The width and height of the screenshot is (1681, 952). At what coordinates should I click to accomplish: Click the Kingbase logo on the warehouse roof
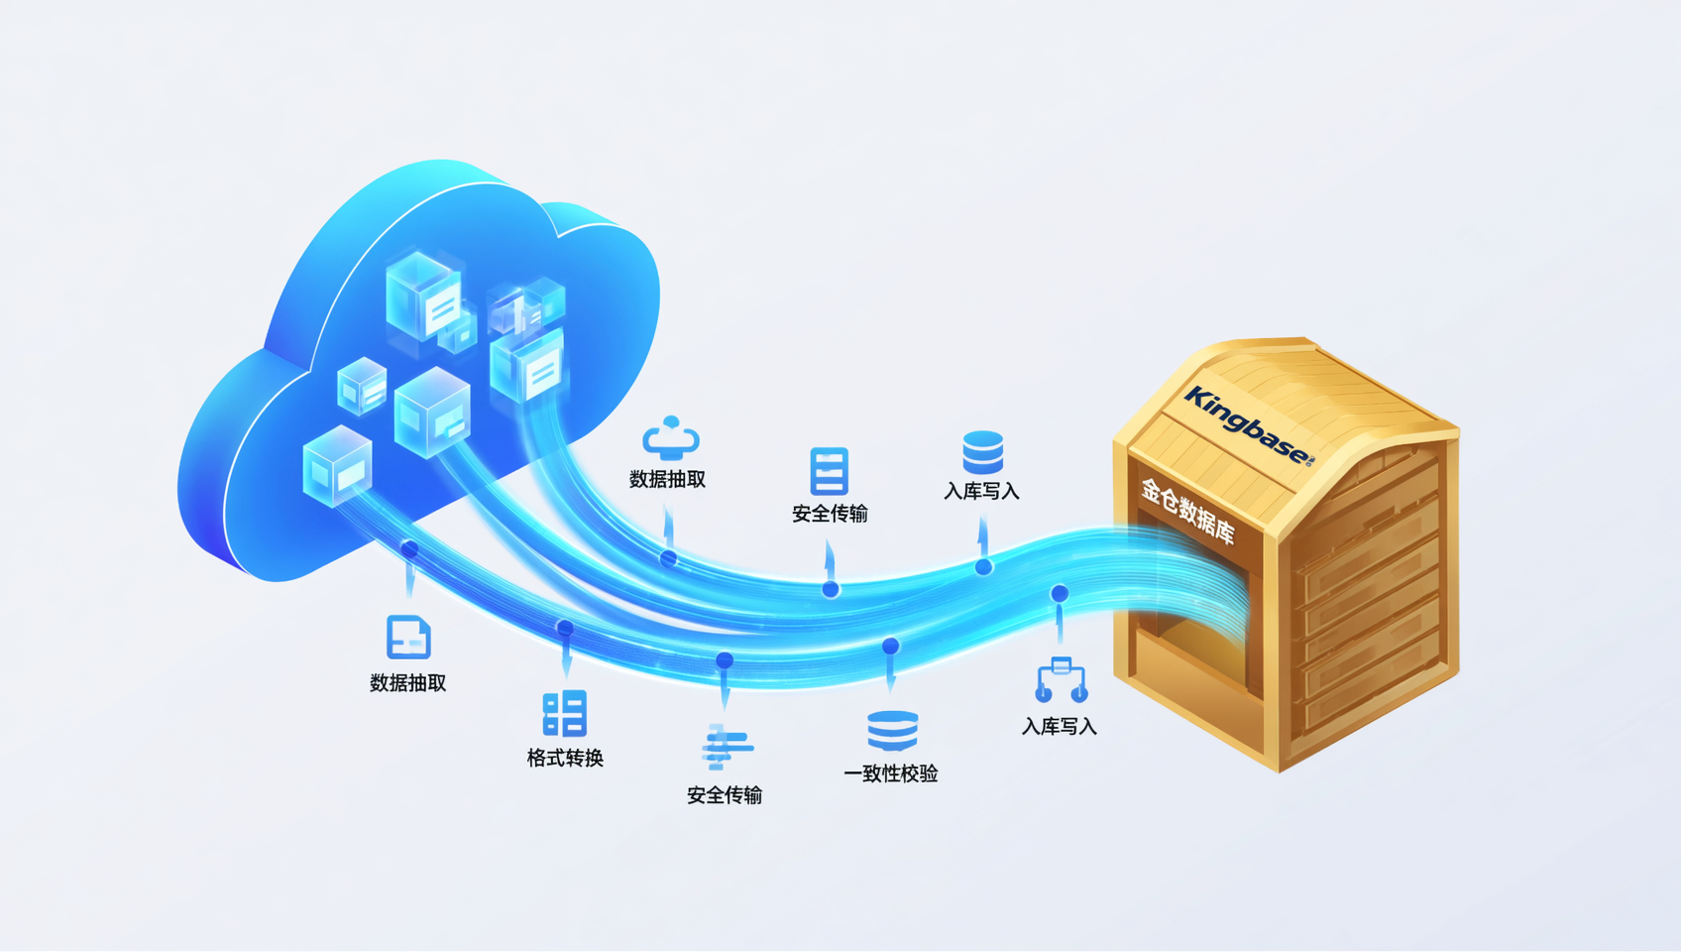[1249, 425]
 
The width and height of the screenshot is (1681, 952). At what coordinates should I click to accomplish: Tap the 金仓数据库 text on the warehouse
[1188, 511]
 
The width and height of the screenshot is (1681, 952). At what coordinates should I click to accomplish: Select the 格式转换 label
[565, 759]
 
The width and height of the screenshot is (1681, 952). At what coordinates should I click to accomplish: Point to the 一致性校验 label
[891, 774]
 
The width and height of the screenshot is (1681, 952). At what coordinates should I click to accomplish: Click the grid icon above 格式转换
[564, 713]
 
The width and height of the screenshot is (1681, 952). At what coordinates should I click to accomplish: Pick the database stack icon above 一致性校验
[892, 731]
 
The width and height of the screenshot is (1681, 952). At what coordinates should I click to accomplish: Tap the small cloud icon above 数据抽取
[671, 437]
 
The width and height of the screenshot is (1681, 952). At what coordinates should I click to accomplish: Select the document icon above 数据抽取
[408, 638]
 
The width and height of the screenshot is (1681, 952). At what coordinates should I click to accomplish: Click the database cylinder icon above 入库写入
[983, 452]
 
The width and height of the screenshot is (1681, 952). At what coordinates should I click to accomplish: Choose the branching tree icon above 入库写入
[1061, 679]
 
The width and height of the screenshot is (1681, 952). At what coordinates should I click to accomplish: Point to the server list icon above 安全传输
[830, 471]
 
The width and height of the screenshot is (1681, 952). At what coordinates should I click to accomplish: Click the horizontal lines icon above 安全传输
[727, 747]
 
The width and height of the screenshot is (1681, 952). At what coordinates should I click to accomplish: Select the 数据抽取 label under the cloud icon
[667, 480]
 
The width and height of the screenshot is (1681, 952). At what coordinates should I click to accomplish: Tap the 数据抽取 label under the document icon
[408, 683]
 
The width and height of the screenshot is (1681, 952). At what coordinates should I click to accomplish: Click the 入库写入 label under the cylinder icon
[981, 492]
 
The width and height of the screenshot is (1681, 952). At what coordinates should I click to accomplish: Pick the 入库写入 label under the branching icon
[1060, 727]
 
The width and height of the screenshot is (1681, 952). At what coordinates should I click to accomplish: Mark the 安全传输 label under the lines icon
[725, 796]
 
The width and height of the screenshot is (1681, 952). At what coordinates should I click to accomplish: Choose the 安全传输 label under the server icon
[830, 515]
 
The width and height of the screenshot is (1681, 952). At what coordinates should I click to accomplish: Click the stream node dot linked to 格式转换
[565, 628]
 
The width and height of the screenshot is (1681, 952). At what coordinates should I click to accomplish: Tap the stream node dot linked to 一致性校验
[891, 646]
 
